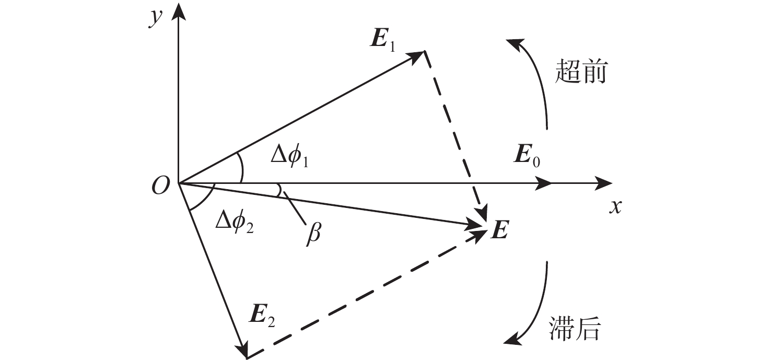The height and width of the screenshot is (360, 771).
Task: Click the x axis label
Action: coord(616,207)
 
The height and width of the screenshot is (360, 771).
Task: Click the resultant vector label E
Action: coord(500,230)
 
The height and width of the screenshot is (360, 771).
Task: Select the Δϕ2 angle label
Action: coord(234,223)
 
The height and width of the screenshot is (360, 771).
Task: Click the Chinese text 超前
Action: coord(581,73)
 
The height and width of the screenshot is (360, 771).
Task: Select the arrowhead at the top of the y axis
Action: coord(179,11)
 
